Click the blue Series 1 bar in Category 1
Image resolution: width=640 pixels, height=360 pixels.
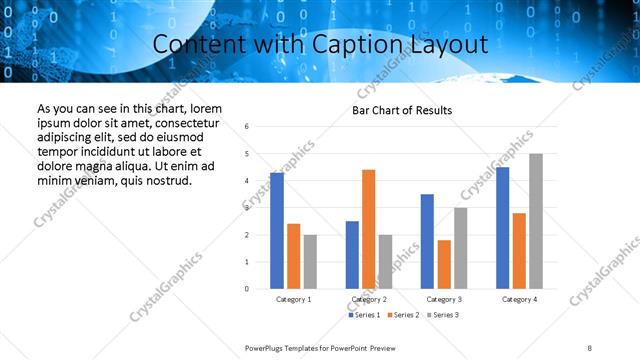[277, 231]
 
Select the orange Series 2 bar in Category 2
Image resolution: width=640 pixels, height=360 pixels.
[368, 229]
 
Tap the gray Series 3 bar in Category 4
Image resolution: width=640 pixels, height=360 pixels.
[536, 221]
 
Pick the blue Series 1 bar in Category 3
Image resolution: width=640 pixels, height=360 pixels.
[427, 241]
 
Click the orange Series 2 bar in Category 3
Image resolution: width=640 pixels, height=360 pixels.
[444, 264]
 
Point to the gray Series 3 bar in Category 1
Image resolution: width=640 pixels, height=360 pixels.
[310, 261]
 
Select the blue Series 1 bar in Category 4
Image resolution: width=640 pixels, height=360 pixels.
[503, 228]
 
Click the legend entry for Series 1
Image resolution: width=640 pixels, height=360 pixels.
[365, 315]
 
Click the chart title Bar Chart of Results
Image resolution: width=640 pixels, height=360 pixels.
[402, 110]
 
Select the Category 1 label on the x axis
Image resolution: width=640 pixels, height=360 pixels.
[293, 299]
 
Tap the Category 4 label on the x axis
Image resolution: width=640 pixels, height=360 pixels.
[518, 299]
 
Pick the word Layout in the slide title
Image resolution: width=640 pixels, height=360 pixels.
[442, 44]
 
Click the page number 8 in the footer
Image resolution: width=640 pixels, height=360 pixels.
[590, 347]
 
